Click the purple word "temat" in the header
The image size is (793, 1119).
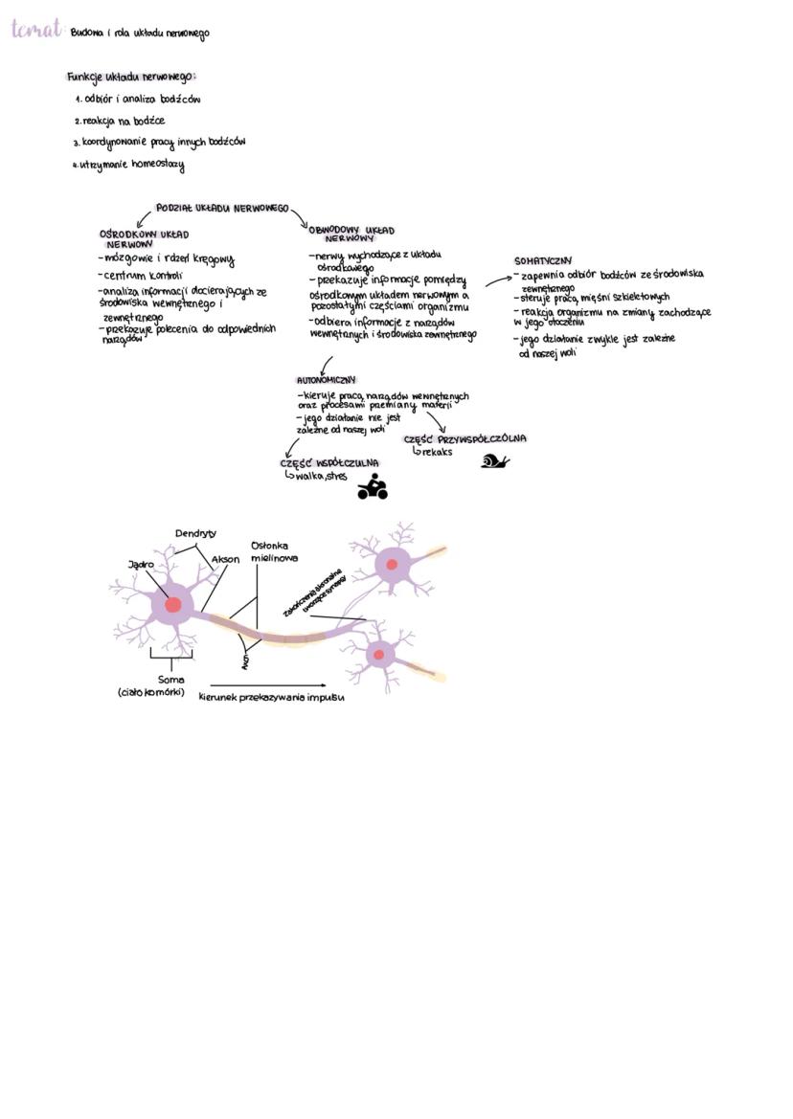(37, 30)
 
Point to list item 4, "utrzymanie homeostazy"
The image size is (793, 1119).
(131, 165)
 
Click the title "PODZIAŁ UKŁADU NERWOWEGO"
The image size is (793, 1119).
(222, 208)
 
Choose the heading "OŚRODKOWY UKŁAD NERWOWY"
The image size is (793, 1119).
(144, 238)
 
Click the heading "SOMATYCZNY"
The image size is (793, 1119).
(543, 259)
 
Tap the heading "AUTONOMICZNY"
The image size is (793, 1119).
(326, 380)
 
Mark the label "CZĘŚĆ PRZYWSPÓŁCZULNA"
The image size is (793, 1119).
(464, 439)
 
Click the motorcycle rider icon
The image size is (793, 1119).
(372, 487)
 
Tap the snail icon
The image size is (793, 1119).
(494, 461)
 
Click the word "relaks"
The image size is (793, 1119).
(436, 452)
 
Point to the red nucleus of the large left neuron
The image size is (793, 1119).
(172, 605)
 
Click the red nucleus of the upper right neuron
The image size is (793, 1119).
(392, 565)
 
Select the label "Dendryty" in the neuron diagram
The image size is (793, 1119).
(195, 533)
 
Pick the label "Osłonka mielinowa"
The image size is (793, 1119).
(274, 551)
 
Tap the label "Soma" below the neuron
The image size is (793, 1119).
(170, 679)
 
